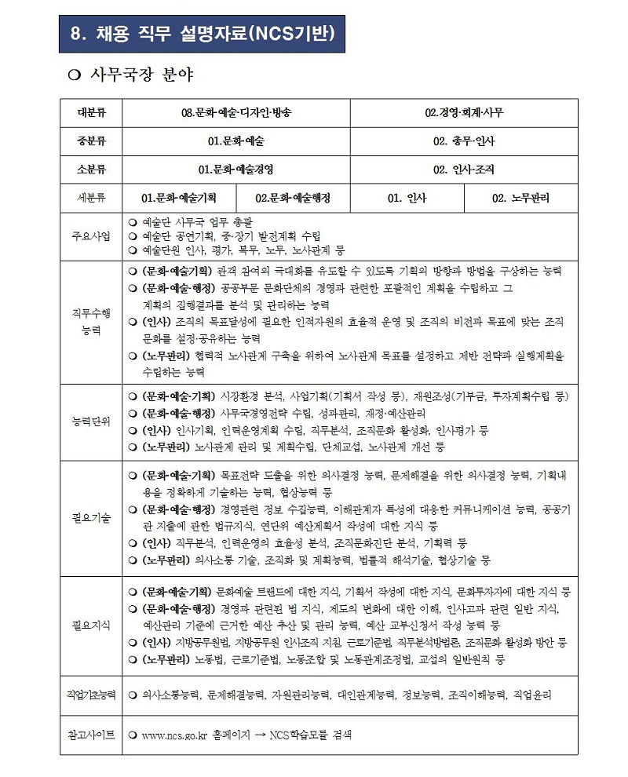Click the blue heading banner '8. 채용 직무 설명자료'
202,34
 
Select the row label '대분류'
91,112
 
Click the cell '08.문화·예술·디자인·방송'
235,112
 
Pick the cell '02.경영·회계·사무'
464,112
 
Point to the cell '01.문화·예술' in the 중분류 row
235,141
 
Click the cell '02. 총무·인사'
464,141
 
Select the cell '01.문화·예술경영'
235,169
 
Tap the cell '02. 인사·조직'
464,169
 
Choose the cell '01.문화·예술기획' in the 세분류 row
178,198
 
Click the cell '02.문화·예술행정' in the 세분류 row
293,198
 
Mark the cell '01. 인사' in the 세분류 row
407,198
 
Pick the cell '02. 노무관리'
520,198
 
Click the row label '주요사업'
91,235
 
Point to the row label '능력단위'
91,421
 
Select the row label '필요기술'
91,518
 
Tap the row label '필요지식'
91,625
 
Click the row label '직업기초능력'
91,695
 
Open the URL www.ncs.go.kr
173,735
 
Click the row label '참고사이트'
91,735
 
